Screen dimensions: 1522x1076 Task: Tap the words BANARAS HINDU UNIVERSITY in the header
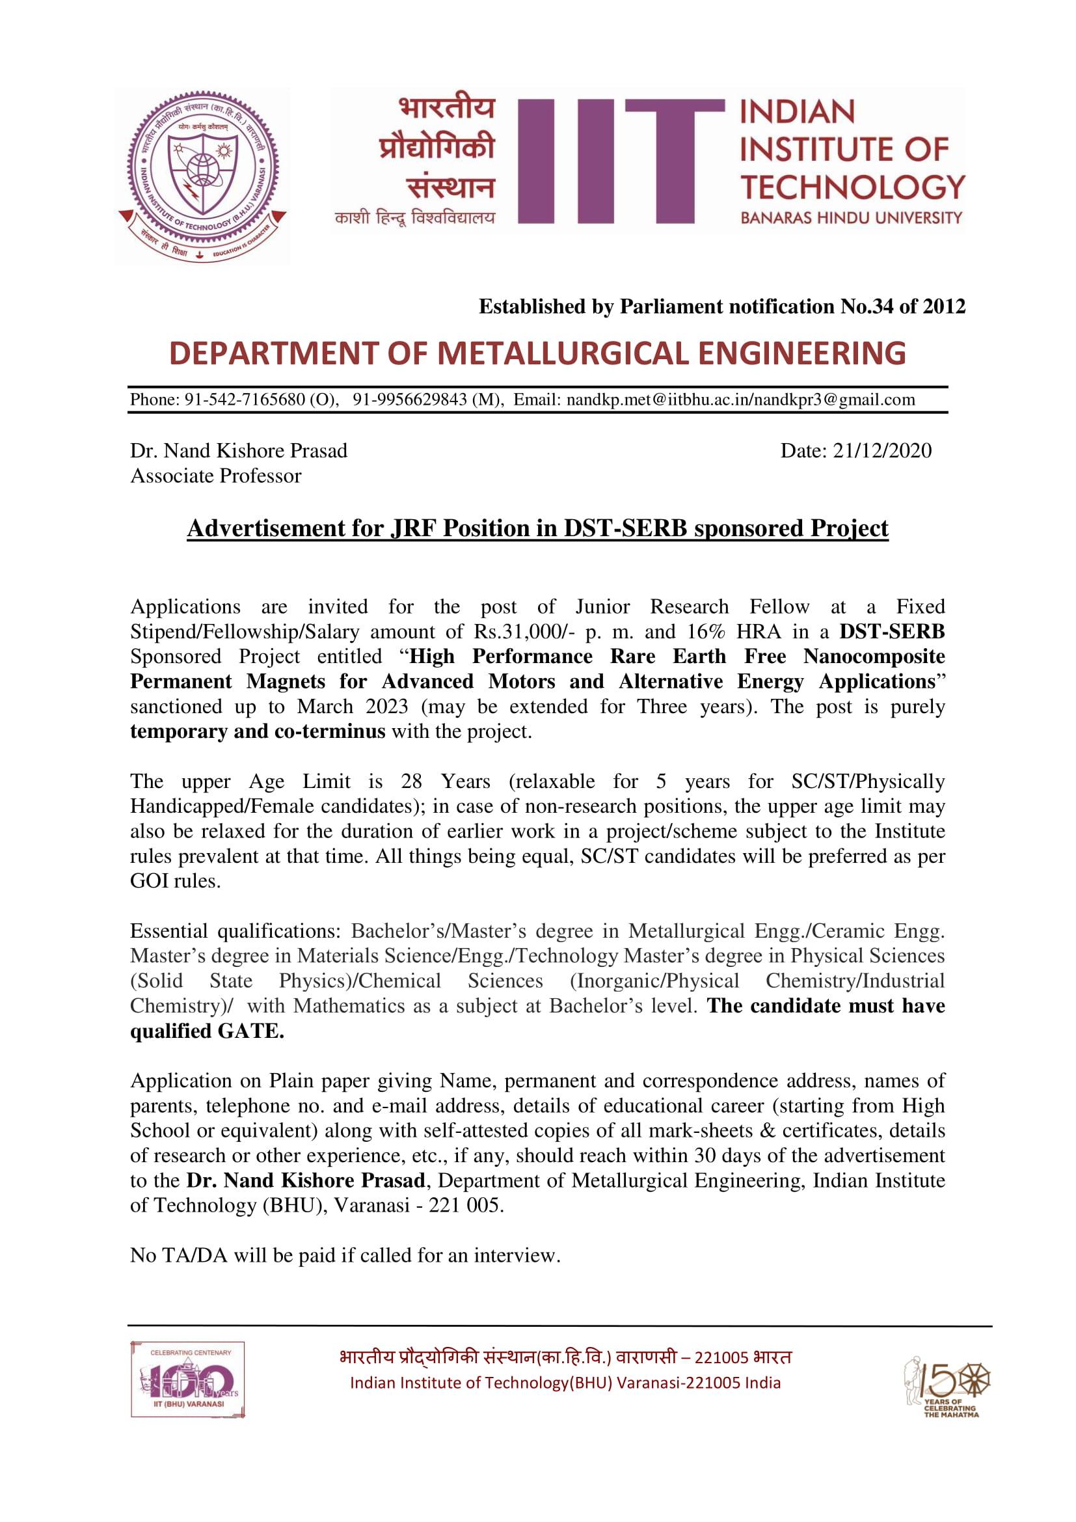point(851,217)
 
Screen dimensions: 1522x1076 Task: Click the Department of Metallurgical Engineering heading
point(537,354)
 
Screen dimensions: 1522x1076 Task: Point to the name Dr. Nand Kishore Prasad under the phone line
point(239,451)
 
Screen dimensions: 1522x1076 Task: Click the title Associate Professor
point(215,476)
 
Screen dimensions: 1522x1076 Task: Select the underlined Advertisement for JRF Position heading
point(537,528)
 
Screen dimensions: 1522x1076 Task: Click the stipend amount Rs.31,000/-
point(520,632)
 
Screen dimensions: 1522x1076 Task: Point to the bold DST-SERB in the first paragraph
point(892,632)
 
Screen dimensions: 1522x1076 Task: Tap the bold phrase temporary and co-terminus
point(257,732)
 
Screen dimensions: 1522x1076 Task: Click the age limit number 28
point(411,781)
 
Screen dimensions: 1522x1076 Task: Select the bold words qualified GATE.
point(207,1032)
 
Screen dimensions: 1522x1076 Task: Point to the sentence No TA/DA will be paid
point(345,1255)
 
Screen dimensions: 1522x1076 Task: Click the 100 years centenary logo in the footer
point(188,1380)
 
